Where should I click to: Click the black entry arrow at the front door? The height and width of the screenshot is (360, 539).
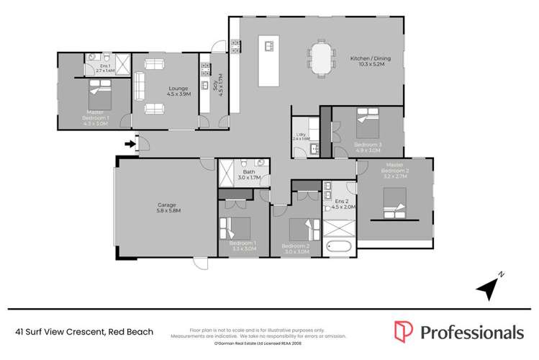click(x=130, y=144)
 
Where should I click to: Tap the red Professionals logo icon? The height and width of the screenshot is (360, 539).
click(x=404, y=331)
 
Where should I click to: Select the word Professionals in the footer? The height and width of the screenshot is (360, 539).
click(x=471, y=332)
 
